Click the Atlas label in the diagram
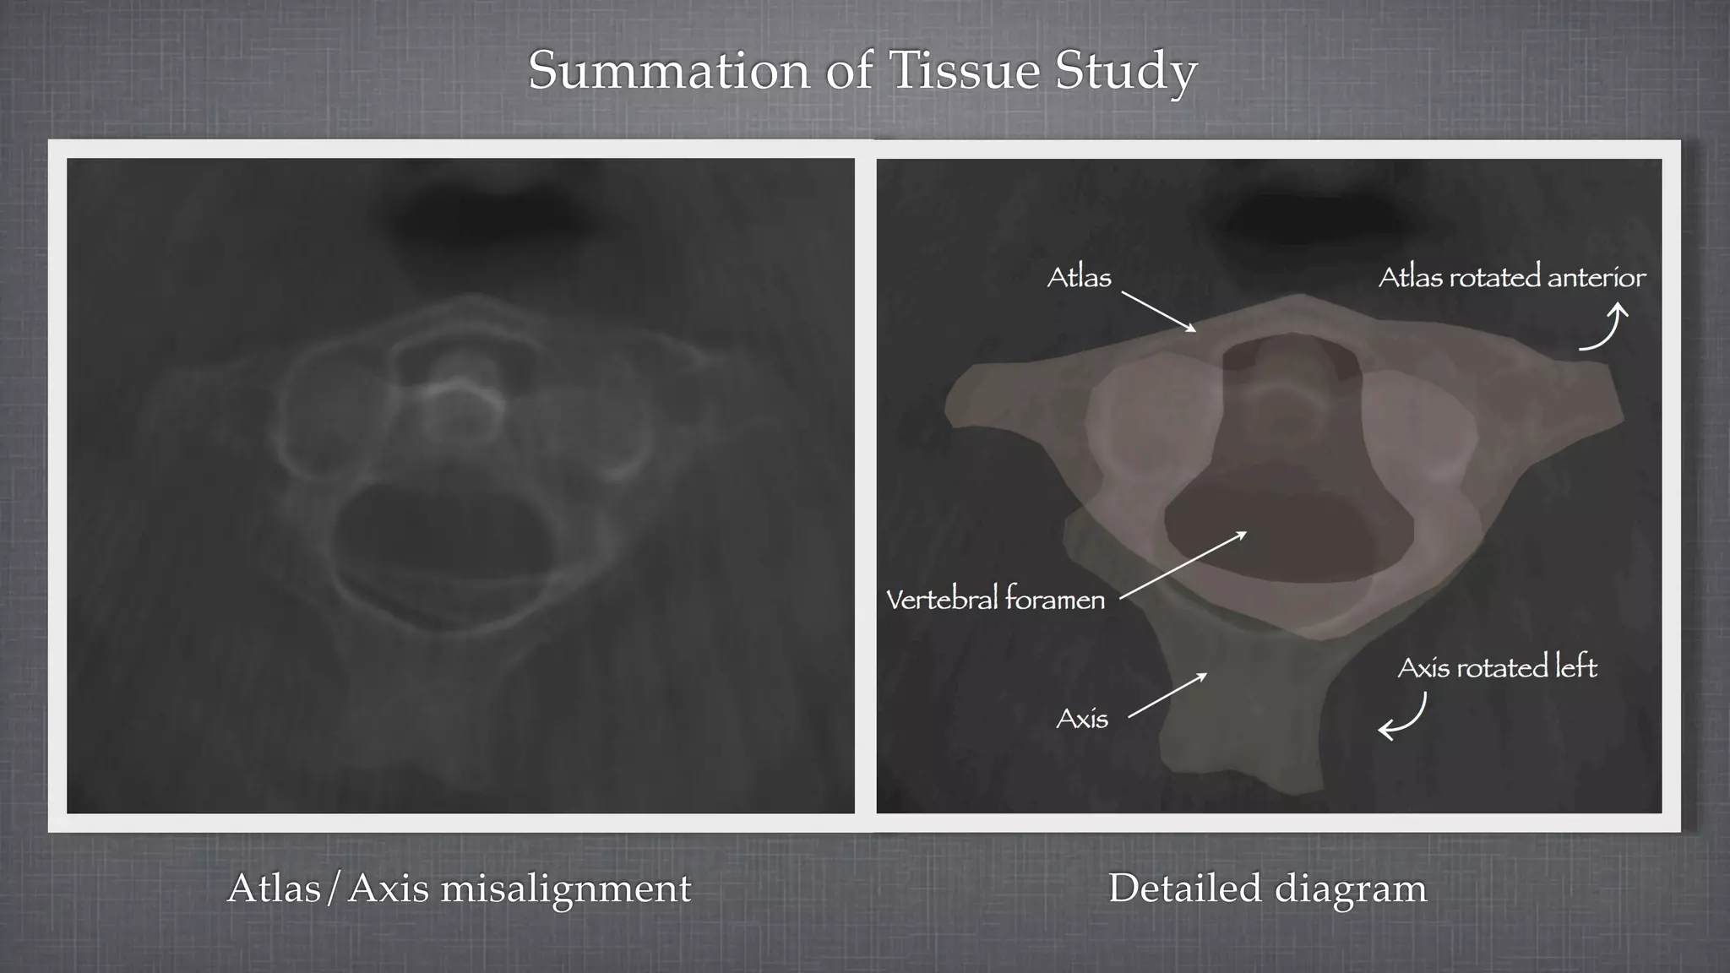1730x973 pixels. (x=1079, y=278)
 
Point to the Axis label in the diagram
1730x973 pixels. (x=1082, y=720)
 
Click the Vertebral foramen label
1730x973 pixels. (x=995, y=600)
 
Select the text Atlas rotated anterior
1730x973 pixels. (x=1511, y=278)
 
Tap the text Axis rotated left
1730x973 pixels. (x=1497, y=668)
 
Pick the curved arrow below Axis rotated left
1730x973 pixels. (x=1404, y=717)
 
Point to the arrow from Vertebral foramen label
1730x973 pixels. (x=1183, y=566)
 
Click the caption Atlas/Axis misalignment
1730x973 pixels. (x=459, y=889)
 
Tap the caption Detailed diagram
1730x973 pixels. (x=1267, y=889)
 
